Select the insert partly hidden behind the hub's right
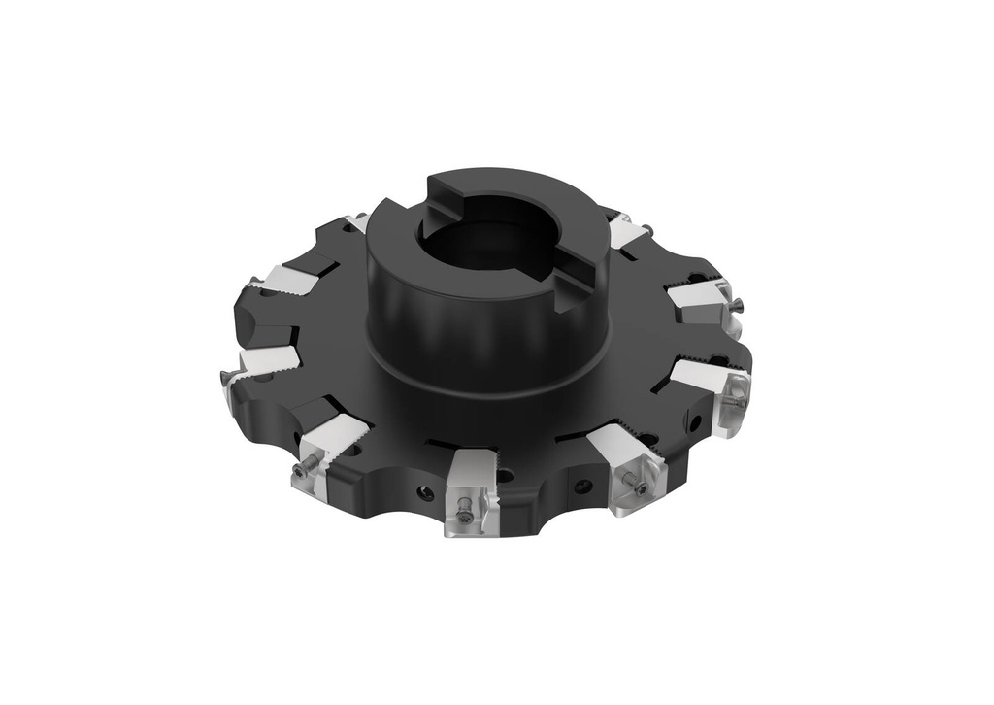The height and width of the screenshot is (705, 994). [x=627, y=233]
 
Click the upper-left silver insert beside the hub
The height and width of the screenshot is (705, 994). [x=288, y=282]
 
